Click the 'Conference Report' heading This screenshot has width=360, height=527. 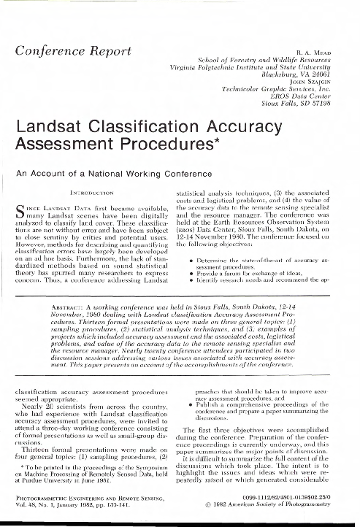tap(68, 51)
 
